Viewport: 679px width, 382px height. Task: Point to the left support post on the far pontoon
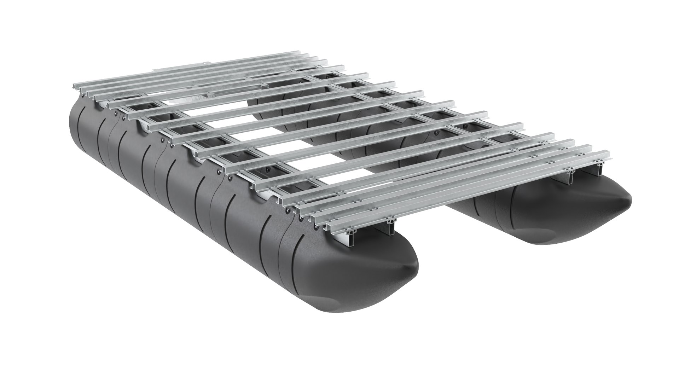570,176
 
